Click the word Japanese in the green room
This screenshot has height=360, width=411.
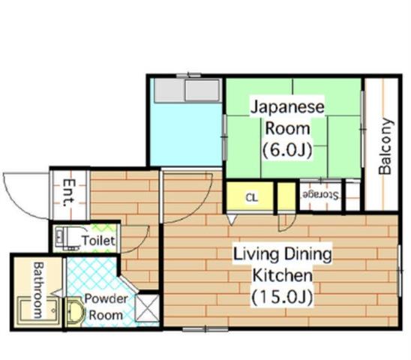click(x=287, y=107)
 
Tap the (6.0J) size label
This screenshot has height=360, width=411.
click(x=287, y=150)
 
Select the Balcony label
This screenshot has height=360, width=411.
click(x=385, y=146)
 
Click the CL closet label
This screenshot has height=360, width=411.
click(x=252, y=197)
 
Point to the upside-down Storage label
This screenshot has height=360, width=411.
click(x=320, y=195)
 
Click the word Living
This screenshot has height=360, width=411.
click(x=255, y=255)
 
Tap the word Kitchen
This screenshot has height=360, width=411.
click(x=283, y=275)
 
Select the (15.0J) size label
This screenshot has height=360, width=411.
click(x=283, y=297)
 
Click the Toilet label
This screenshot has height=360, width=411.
click(x=98, y=240)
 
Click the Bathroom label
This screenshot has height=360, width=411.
click(x=38, y=290)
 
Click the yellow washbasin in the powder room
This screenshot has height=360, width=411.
click(x=76, y=312)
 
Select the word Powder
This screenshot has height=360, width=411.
click(x=106, y=298)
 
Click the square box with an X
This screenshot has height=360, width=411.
click(x=148, y=307)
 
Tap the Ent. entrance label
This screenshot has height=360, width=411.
click(x=69, y=193)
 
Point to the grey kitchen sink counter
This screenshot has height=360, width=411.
click(x=187, y=91)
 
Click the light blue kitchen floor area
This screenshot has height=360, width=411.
click(x=187, y=133)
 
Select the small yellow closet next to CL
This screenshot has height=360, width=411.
click(x=286, y=196)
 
